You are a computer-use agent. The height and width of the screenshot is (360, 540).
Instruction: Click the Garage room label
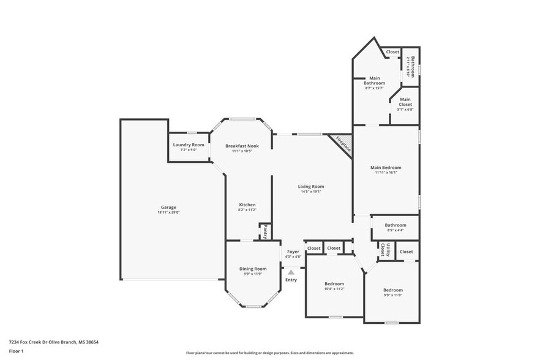pos(168,207)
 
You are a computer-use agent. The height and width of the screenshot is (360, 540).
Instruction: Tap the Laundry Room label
pos(189,144)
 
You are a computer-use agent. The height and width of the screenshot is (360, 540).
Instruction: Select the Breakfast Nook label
pos(242,146)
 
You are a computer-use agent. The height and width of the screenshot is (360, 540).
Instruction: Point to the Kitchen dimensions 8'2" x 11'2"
pos(247,210)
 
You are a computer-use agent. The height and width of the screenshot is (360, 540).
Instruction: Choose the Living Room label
pos(311,186)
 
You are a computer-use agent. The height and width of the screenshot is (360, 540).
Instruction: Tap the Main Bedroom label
pos(386,167)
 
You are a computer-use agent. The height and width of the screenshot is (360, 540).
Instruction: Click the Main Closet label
pos(405,102)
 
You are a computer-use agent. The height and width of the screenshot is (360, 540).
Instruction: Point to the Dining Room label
pos(253,268)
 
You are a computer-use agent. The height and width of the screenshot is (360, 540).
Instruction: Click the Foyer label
pos(293,251)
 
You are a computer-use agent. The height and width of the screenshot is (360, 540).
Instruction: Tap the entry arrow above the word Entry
pos(292,272)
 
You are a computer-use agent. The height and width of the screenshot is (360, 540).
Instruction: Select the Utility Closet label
pos(385,249)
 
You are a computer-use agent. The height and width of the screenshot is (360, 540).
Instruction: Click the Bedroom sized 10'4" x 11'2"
pos(334,283)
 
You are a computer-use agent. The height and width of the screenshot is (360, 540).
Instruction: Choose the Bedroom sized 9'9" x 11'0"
pos(393,290)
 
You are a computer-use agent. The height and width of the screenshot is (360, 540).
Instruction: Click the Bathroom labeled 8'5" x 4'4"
pos(396,225)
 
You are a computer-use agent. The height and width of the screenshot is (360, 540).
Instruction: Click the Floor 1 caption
pos(17,351)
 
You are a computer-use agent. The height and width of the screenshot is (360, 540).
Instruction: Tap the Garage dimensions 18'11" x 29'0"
pos(168,212)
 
